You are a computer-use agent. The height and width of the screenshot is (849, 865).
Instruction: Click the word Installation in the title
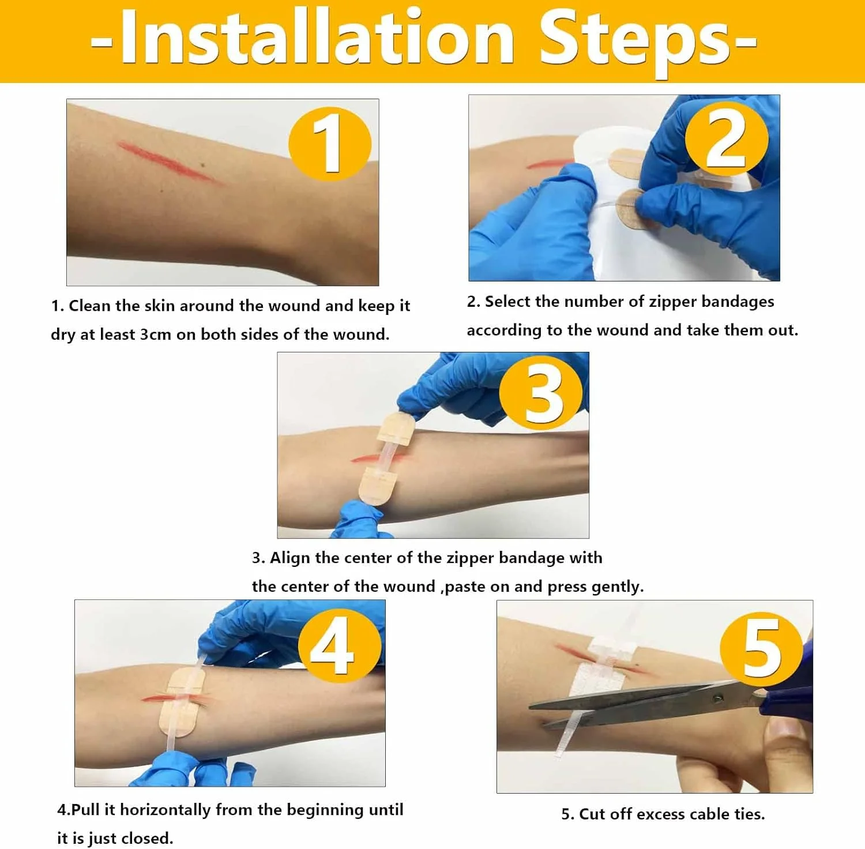pyautogui.click(x=317, y=37)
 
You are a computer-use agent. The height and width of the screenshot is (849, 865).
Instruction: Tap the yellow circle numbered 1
pyautogui.click(x=330, y=144)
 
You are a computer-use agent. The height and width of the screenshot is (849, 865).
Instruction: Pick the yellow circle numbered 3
pyautogui.click(x=541, y=393)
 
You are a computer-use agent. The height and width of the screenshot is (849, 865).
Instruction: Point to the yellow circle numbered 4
pyautogui.click(x=340, y=645)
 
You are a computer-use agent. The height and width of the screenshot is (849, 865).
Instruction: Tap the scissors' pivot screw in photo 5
pyautogui.click(x=719, y=698)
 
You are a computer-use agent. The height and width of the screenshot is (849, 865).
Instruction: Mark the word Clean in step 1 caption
pyautogui.click(x=89, y=306)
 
